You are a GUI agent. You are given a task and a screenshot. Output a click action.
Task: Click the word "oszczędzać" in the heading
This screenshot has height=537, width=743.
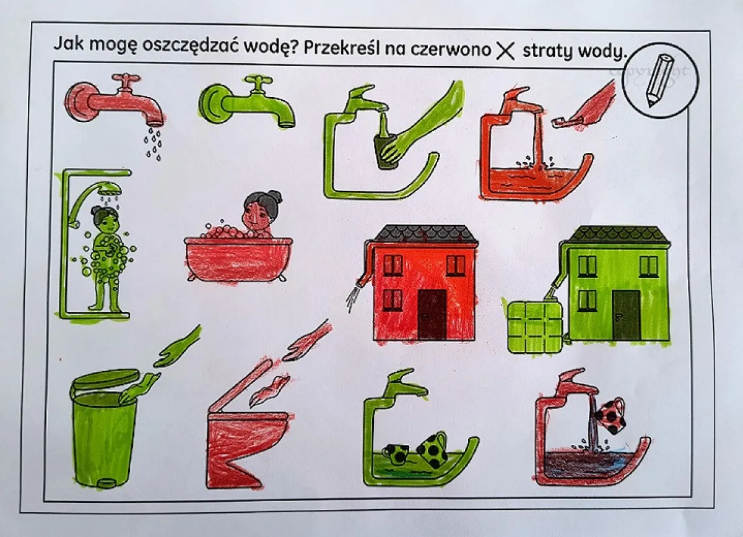tap(189, 46)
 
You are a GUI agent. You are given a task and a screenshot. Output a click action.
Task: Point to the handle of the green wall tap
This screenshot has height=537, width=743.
tap(258, 83)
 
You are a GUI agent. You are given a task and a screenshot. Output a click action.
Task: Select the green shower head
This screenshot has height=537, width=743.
tap(110, 190)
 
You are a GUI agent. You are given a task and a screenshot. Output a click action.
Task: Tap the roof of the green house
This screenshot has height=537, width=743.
tap(618, 235)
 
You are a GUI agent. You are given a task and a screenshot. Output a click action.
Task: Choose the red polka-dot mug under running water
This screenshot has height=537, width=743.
tap(610, 416)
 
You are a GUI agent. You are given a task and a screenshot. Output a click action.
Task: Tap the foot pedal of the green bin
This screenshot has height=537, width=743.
tap(106, 483)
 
